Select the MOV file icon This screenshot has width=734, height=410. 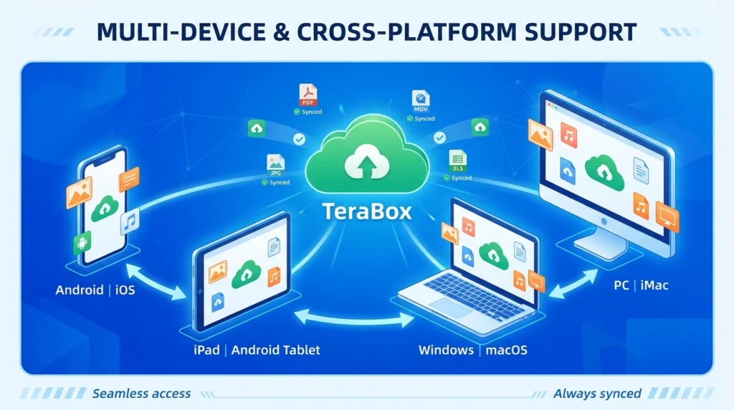click(x=420, y=100)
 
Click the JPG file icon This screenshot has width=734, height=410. click(x=276, y=163)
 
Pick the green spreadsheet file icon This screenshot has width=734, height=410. click(x=457, y=159)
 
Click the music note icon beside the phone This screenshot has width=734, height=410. click(x=130, y=222)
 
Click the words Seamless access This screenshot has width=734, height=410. click(x=141, y=393)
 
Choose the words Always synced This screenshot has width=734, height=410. click(x=597, y=393)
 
